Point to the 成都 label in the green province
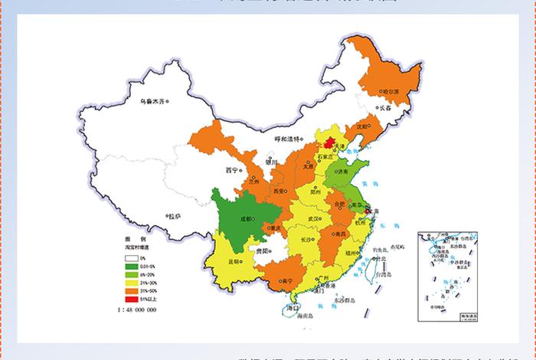coord(248,217)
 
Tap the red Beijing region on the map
coord(327,143)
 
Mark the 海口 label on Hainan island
coord(291,307)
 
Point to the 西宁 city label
coord(232,169)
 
